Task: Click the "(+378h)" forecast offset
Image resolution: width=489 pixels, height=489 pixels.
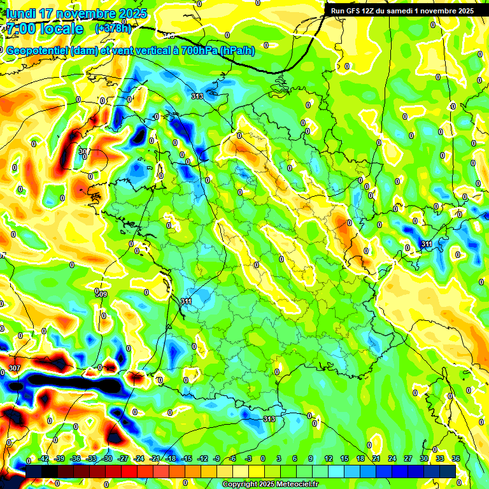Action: pos(113,29)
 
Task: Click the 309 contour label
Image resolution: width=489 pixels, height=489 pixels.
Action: pos(101,294)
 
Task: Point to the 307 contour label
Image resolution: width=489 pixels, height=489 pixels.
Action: pos(15,369)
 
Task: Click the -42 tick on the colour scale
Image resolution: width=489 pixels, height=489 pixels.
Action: pos(44,459)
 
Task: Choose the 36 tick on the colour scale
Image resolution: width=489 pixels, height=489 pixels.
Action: pos(456,459)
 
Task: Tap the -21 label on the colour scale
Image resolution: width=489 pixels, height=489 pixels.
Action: pos(154,459)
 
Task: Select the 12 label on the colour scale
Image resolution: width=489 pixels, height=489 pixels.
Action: pos(329,459)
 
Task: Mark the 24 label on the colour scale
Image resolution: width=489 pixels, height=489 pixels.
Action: pos(392,459)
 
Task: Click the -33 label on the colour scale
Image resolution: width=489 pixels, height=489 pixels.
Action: pos(91,459)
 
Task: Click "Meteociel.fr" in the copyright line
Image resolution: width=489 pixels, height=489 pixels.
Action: pos(295,485)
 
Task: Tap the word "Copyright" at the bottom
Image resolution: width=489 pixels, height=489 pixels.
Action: pos(239,485)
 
